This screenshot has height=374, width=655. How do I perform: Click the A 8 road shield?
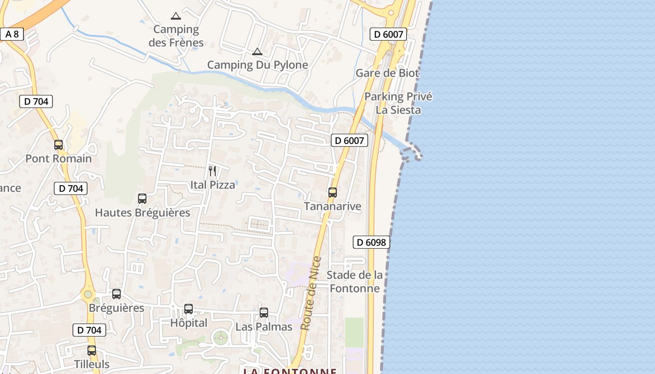tap(12, 34)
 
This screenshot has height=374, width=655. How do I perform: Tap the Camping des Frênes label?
tap(176, 36)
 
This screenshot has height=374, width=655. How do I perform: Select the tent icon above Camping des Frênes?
tap(176, 16)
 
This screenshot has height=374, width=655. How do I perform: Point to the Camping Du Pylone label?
tap(257, 65)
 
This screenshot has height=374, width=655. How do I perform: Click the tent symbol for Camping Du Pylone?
tap(257, 51)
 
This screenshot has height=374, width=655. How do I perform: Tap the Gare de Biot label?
tap(387, 73)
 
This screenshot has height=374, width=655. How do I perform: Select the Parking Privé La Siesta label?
tap(398, 103)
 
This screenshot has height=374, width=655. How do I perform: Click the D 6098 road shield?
tap(371, 242)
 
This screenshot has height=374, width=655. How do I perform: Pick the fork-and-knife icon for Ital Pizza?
tap(212, 171)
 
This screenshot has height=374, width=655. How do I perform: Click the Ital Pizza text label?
tap(212, 185)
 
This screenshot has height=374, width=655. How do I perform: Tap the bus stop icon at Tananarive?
tap(333, 192)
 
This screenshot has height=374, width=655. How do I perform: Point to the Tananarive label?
tap(333, 206)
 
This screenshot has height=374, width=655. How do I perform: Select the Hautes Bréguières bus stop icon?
tap(142, 199)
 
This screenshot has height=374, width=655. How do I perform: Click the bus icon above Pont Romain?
tap(58, 145)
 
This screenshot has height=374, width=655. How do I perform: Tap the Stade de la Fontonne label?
tap(355, 281)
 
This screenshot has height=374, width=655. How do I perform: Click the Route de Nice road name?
tap(312, 293)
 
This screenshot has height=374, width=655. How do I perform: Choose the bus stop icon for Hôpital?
tap(189, 309)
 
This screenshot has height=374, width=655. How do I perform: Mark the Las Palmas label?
tap(264, 327)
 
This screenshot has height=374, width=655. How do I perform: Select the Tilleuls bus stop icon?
tap(92, 351)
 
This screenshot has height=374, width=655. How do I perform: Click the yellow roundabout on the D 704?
tap(87, 295)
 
